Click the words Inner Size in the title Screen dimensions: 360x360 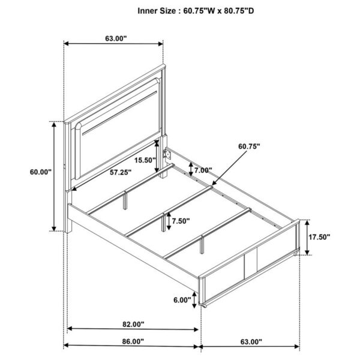click(x=157, y=11)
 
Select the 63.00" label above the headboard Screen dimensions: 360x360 click(x=116, y=38)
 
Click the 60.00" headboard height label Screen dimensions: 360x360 click(x=41, y=172)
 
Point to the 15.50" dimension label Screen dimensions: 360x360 click(x=145, y=160)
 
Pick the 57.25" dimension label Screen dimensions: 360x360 click(x=121, y=172)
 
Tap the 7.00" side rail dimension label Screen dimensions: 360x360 click(x=203, y=170)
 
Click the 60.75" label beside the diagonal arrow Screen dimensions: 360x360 click(x=249, y=146)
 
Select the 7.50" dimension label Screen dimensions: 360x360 click(x=181, y=221)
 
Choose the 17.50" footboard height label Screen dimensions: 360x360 click(x=319, y=237)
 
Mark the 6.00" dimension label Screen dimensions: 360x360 click(x=182, y=300)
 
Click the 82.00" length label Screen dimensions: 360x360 click(x=133, y=324)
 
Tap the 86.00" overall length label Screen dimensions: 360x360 click(x=133, y=341)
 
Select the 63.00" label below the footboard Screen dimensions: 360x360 click(x=251, y=342)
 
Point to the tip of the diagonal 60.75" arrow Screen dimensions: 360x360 click(x=212, y=185)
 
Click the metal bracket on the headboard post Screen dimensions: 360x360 click(x=167, y=154)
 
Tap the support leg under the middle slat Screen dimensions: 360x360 click(x=163, y=223)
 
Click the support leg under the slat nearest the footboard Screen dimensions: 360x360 click(x=202, y=245)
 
